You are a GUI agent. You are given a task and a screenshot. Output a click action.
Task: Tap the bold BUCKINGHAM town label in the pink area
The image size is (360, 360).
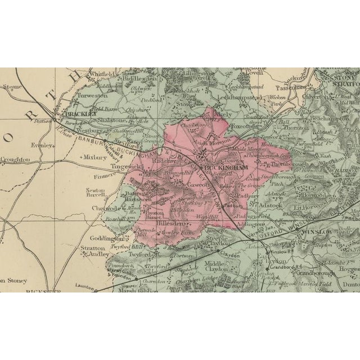(x=226, y=168)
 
